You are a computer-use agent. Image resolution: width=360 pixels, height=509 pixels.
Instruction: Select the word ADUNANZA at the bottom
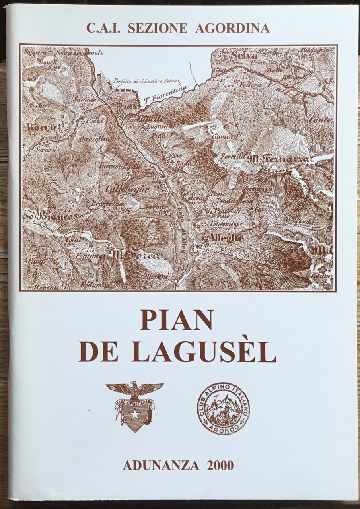[161, 465]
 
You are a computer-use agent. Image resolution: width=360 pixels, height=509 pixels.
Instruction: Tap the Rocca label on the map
[41, 128]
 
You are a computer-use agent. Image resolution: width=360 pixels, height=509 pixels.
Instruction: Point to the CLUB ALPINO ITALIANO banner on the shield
[134, 402]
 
